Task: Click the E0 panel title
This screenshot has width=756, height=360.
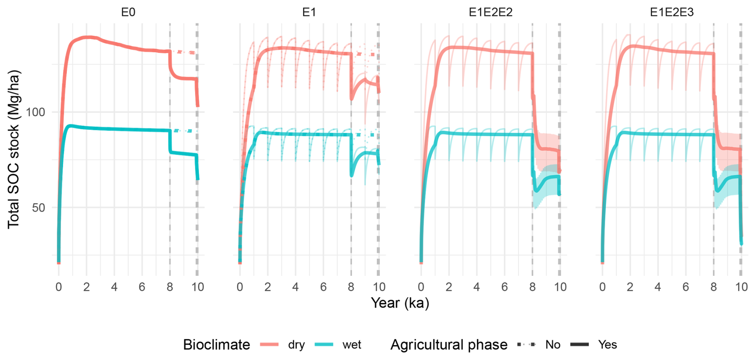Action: pos(128,12)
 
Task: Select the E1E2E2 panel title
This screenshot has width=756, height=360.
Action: pos(490,12)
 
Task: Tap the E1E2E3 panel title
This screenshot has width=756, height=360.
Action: pos(672,12)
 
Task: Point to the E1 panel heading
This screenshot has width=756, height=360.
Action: pos(309,12)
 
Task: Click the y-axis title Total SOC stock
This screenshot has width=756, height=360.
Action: pos(14,150)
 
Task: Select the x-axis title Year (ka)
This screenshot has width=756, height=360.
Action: pos(400,303)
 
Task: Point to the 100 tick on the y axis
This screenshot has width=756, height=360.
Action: pos(36,112)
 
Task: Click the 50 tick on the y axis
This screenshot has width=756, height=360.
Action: pos(39,207)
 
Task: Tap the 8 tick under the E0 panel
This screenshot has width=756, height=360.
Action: pos(170,287)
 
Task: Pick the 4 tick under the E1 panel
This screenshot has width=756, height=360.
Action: pos(295,287)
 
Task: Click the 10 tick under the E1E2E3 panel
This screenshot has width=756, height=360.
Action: pos(741,287)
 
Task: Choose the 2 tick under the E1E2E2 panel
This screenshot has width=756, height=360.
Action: pos(449,287)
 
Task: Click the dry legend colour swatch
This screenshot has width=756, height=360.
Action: pos(269,344)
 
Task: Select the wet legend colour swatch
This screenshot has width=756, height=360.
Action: pos(324,344)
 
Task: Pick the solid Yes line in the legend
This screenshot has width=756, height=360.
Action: pos(579,344)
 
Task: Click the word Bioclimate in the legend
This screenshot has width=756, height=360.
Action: pos(216,344)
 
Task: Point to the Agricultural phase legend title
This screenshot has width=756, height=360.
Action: pos(448,344)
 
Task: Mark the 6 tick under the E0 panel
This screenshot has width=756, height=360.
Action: pos(142,287)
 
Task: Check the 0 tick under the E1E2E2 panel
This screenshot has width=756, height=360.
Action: pos(421,287)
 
